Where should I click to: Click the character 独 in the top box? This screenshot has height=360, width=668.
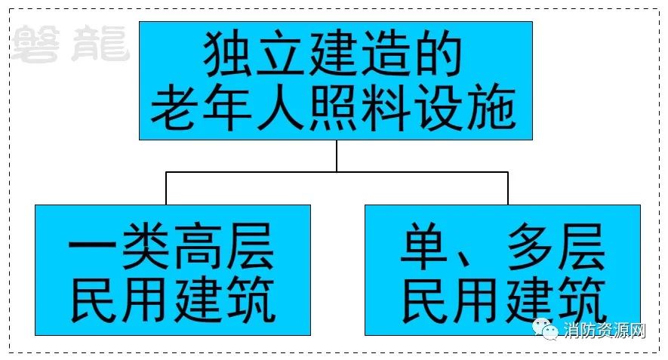[x=228, y=55]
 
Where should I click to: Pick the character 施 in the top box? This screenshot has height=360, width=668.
[x=491, y=107]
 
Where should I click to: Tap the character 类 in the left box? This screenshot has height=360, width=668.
[x=146, y=246]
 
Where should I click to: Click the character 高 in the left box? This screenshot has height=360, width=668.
[x=199, y=246]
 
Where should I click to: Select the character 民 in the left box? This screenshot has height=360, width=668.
[x=94, y=299]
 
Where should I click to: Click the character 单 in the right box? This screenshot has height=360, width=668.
[x=424, y=246]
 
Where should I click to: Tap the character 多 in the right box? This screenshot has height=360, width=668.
[x=530, y=246]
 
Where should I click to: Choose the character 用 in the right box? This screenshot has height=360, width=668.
[x=477, y=299]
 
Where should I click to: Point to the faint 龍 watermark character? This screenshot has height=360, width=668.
[x=100, y=44]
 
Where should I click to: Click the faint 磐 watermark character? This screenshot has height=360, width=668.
[x=35, y=44]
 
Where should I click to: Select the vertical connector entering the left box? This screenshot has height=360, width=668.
[x=166, y=189]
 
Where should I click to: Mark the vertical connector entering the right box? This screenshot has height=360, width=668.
[x=508, y=189]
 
